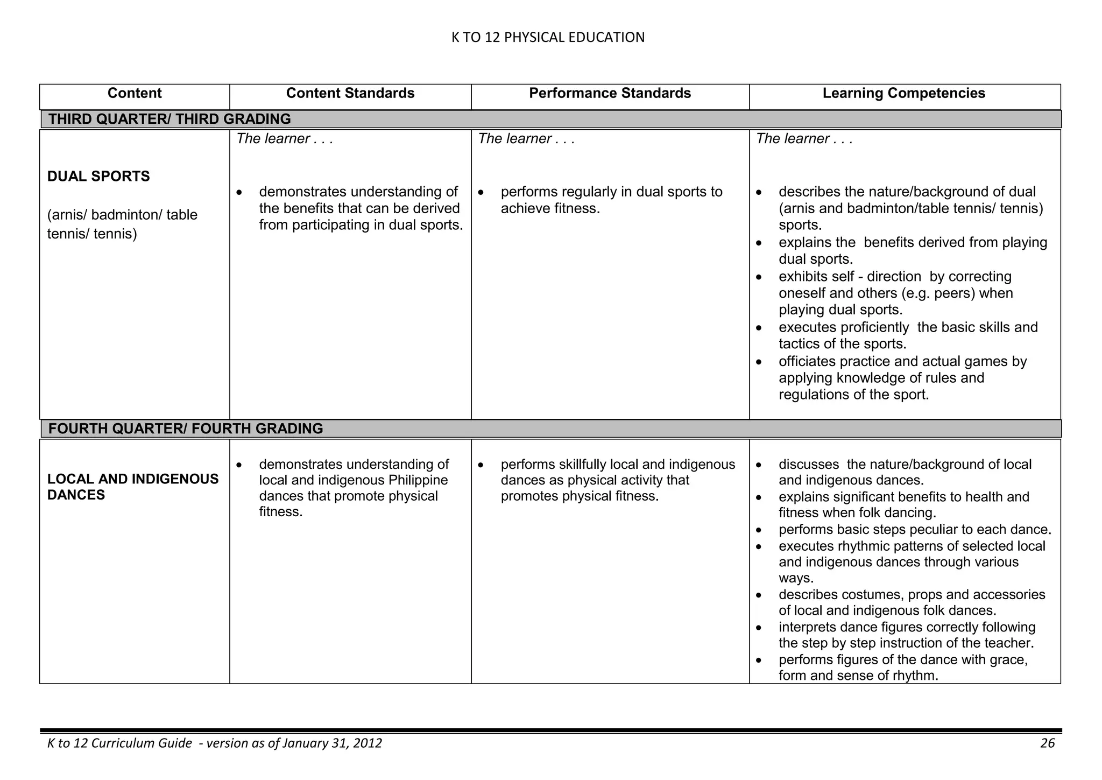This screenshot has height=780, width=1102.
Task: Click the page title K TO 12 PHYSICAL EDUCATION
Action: click(547, 37)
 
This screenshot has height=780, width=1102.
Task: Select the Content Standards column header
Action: click(350, 93)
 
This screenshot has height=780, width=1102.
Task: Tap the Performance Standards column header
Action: click(610, 93)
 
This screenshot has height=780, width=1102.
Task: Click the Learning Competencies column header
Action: click(903, 93)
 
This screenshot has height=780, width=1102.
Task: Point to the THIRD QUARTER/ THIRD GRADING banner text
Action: click(169, 119)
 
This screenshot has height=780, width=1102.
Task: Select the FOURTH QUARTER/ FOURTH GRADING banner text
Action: click(186, 428)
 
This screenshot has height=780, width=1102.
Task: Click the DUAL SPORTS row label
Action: click(98, 177)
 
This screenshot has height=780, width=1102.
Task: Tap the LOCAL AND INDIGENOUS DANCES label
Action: click(132, 487)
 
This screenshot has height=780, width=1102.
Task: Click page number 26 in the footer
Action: click(1047, 743)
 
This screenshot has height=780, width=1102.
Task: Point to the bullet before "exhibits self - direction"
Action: click(758, 277)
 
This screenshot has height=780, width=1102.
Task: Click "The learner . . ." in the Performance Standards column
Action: click(526, 139)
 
